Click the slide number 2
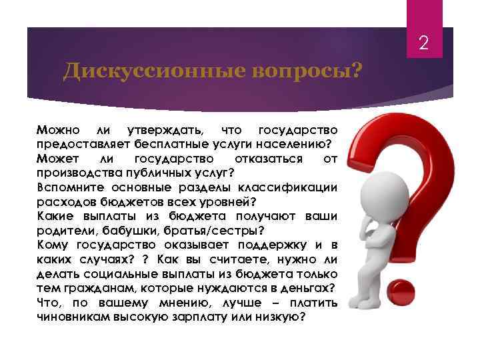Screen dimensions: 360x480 [x=424, y=45]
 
